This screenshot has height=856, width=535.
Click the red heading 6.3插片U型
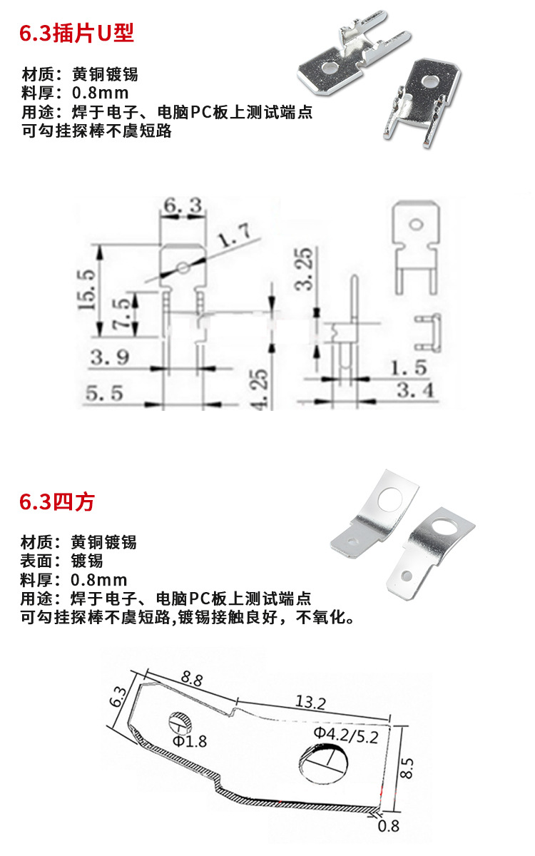click(x=76, y=33)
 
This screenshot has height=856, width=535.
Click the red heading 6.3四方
click(x=56, y=501)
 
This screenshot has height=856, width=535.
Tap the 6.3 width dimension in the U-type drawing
click(x=181, y=207)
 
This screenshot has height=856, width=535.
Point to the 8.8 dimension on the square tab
click(x=190, y=678)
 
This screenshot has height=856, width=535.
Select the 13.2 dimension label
click(x=310, y=703)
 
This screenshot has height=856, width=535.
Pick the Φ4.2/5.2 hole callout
click(x=345, y=733)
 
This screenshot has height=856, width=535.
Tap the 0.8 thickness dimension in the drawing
click(x=389, y=826)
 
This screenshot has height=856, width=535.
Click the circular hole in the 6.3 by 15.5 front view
click(x=183, y=268)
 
